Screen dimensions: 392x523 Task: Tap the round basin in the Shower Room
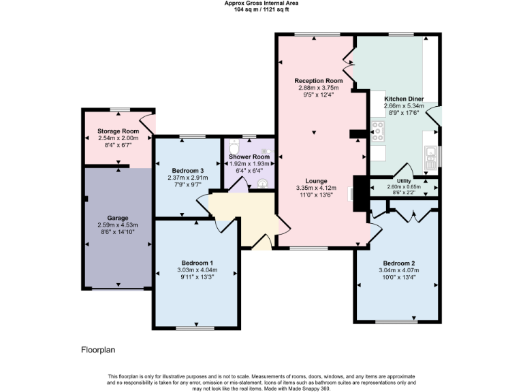click(263, 182)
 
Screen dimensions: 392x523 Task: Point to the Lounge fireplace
click(353, 193)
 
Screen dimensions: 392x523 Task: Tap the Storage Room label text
click(118, 131)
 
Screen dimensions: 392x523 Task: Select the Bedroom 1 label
click(197, 263)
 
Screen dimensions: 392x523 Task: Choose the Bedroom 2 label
click(398, 263)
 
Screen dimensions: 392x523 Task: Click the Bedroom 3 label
click(187, 170)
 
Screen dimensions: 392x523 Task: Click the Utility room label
click(404, 181)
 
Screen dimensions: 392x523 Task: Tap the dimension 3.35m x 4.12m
click(313, 188)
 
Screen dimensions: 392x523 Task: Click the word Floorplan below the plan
click(97, 350)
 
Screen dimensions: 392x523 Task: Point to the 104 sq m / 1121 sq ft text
click(261, 9)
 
